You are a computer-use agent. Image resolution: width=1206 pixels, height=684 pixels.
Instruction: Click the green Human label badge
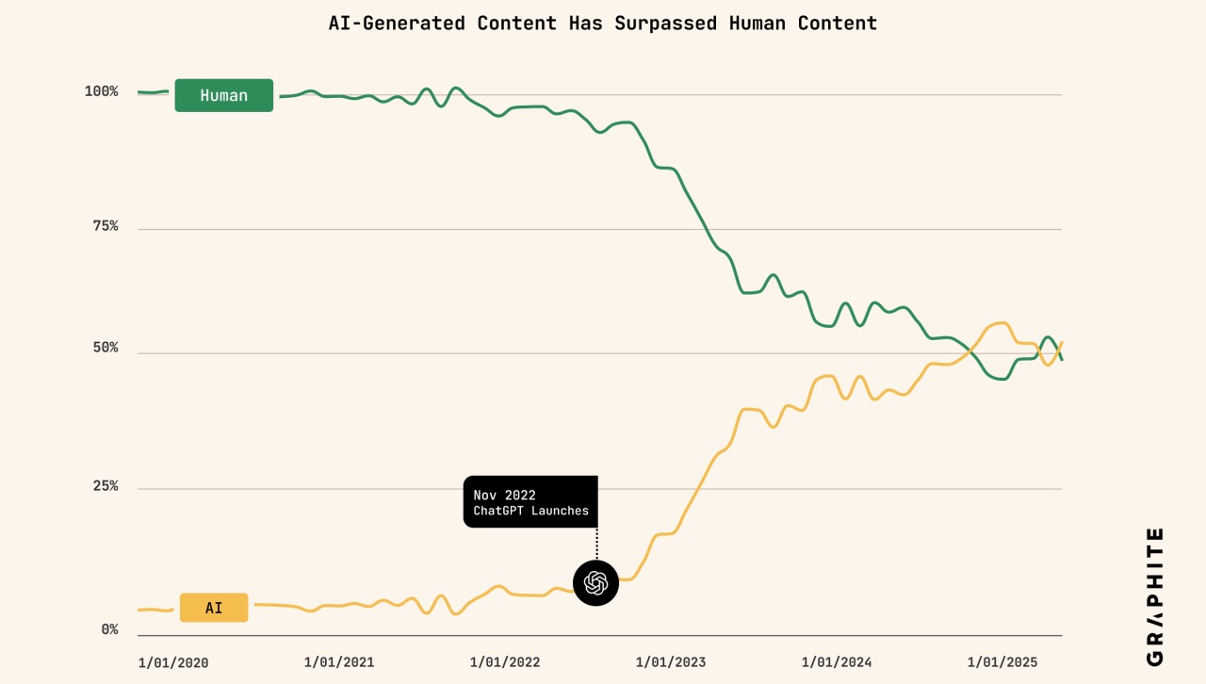pos(224,95)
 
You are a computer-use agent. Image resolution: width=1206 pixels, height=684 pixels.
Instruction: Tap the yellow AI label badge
pos(214,608)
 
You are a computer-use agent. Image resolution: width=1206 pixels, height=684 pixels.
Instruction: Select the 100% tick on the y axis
pos(102,91)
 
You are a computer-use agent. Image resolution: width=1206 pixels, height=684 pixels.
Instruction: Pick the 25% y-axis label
pos(106,486)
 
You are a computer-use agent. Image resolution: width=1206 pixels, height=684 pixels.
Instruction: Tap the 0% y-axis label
pos(109,629)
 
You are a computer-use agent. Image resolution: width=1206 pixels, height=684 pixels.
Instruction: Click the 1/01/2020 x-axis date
pos(173,662)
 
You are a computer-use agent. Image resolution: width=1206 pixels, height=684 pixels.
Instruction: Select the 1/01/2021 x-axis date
pos(339,662)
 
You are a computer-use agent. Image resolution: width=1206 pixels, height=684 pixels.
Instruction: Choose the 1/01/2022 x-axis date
pos(505,662)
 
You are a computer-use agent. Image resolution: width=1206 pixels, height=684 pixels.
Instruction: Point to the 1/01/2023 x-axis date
pos(671,662)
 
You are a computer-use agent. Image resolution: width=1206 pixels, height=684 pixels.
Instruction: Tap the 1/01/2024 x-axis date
pos(837,662)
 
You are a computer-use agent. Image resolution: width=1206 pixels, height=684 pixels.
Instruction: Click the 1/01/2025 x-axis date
pos(1002,662)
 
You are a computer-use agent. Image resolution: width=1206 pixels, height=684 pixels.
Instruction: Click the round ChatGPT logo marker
pos(595,583)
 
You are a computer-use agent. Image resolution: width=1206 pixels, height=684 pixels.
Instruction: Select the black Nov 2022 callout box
pos(530,501)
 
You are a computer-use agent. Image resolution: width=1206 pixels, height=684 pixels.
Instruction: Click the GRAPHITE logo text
pos(1155,596)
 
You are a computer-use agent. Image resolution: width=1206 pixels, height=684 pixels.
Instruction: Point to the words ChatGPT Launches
pos(530,511)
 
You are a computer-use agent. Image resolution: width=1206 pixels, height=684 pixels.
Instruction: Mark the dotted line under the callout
pos(596,544)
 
